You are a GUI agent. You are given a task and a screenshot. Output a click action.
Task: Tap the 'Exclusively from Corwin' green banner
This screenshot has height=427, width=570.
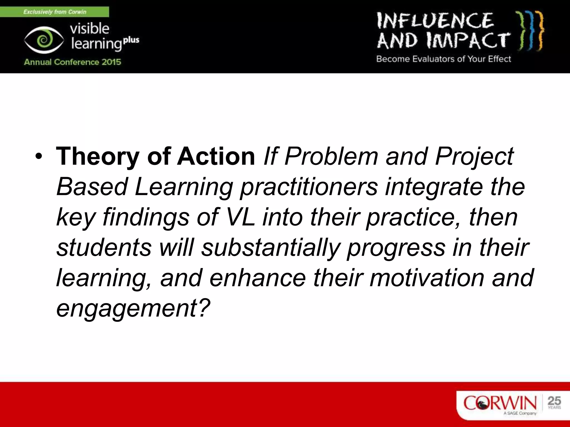pos(55,12)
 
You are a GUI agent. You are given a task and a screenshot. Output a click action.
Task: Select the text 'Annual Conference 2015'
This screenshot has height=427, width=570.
pos(72,62)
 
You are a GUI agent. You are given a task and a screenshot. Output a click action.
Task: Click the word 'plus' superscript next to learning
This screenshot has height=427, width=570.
pos(131,40)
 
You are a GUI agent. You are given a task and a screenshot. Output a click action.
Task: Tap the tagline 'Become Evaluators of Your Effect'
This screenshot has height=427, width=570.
pos(444,59)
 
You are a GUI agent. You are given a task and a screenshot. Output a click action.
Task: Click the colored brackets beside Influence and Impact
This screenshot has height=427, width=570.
pos(530,31)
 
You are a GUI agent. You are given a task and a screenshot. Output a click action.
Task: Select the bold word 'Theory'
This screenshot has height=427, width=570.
pos(97,157)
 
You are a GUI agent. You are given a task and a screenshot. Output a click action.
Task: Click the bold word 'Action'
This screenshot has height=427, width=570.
pos(216,157)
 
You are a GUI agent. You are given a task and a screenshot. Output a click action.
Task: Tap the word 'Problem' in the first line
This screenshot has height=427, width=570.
pos(331,157)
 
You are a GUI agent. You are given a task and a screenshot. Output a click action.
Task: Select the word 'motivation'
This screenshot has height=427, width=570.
pos(427,278)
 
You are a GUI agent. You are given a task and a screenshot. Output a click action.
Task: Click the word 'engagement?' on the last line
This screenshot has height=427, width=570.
pos(133,308)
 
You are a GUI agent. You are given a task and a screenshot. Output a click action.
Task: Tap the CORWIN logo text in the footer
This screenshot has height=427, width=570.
pos(500,403)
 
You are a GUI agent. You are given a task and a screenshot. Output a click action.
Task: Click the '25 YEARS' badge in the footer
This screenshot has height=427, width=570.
pos(554,403)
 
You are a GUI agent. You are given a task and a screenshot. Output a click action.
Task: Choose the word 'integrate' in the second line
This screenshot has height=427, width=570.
pos(434,187)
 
